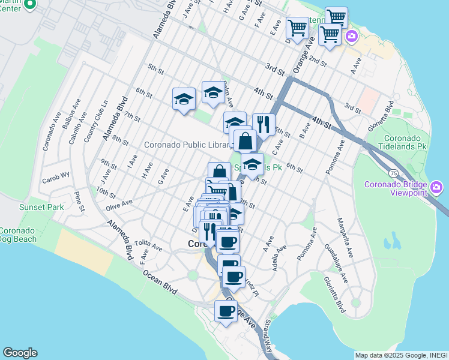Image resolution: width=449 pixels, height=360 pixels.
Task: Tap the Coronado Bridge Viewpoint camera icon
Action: [436, 188]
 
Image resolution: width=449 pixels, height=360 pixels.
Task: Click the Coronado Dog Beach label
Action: [18, 235]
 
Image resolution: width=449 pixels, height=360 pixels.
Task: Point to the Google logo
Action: [20, 353]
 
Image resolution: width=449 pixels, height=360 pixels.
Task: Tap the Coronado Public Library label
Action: [187, 145]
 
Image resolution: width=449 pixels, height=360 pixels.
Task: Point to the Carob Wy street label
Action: [56, 179]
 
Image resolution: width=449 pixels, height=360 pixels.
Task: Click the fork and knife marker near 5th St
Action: [264, 125]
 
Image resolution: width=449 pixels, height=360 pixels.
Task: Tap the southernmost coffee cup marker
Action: [226, 311]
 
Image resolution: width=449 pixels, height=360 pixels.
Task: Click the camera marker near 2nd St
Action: [351, 37]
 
